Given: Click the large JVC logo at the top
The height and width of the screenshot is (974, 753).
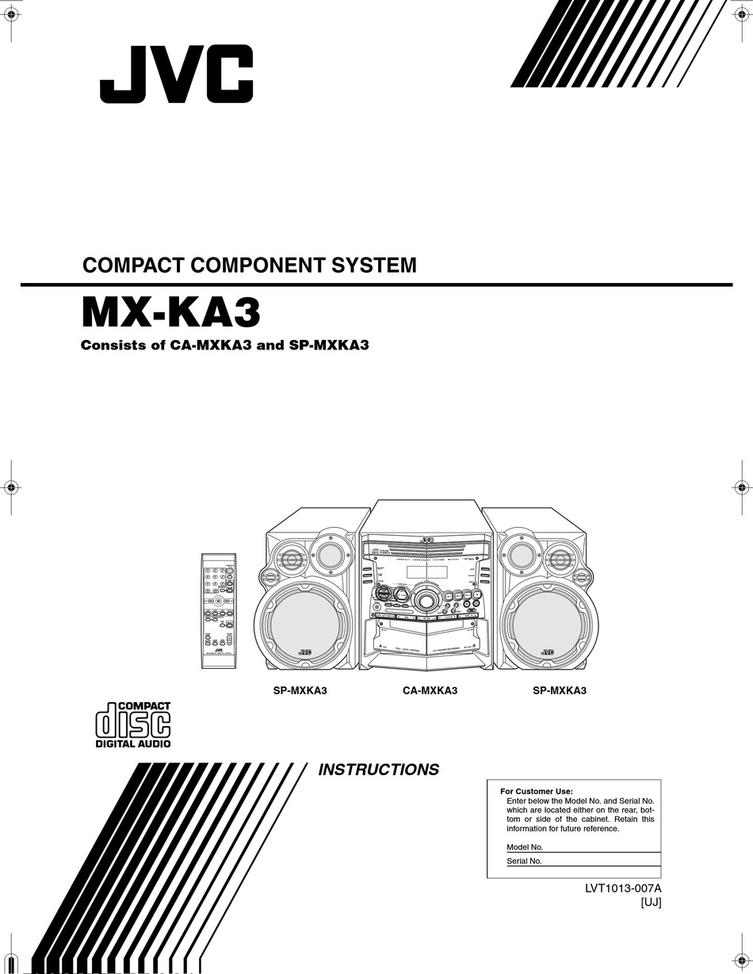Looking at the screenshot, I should click(x=176, y=74).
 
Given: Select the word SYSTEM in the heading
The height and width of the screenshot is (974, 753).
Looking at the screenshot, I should click(x=376, y=265).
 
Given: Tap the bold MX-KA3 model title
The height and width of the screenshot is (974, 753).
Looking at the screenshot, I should click(x=170, y=312).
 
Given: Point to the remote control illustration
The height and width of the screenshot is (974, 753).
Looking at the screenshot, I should click(x=218, y=611).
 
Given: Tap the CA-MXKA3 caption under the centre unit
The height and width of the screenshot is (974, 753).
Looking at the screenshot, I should click(x=430, y=690).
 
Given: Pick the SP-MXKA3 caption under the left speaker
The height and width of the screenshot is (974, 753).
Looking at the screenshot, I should click(x=300, y=690).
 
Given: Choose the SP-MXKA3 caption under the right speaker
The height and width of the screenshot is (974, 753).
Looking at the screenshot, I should click(x=559, y=690).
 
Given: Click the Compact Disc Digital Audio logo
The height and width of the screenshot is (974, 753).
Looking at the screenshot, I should click(x=133, y=724).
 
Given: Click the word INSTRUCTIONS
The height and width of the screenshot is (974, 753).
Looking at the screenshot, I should click(x=378, y=770).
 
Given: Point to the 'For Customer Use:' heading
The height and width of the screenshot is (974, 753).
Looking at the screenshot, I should click(x=537, y=791).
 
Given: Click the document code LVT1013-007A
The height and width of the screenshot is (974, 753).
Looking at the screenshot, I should click(x=623, y=889).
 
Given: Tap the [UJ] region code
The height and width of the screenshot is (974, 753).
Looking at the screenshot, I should click(x=650, y=903).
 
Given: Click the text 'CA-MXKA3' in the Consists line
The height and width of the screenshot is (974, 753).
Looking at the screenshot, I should click(x=211, y=346).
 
